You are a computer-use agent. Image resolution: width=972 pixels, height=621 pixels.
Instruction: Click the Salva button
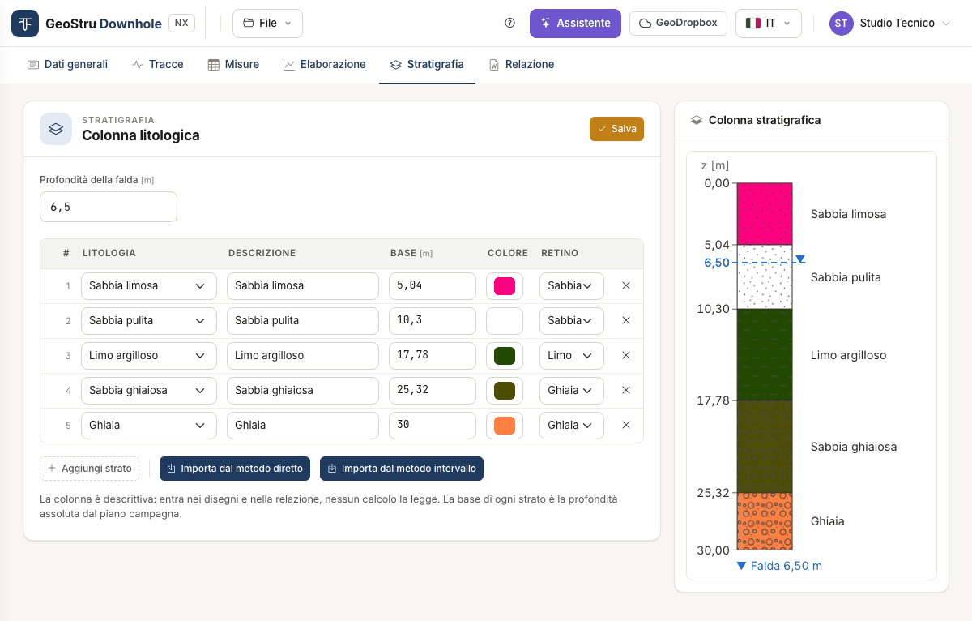tap(616, 129)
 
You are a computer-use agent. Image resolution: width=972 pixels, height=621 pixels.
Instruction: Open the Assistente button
tap(575, 24)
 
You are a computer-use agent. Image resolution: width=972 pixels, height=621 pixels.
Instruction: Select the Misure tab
tap(233, 65)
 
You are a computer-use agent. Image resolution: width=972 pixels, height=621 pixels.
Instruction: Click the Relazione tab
tap(522, 65)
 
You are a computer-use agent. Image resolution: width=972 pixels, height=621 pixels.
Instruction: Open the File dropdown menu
tap(267, 24)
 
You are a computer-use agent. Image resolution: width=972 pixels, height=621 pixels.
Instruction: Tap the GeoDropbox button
tap(678, 24)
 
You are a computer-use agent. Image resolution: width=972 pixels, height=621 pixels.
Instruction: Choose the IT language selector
tap(768, 24)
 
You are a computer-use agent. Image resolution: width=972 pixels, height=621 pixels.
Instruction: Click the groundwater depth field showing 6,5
tap(109, 207)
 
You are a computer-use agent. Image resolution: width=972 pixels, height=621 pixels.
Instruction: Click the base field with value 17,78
tap(433, 356)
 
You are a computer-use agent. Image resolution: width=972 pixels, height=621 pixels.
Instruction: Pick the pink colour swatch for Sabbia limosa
tap(504, 286)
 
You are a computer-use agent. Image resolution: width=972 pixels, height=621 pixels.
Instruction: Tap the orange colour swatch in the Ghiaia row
tap(504, 426)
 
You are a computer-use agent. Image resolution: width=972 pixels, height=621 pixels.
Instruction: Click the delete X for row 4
tap(625, 390)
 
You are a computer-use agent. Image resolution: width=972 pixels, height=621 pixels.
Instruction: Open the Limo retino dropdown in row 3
tap(572, 356)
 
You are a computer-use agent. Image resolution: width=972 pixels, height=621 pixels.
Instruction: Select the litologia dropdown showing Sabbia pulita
tap(149, 321)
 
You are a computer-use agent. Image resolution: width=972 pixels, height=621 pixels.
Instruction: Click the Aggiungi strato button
tap(89, 469)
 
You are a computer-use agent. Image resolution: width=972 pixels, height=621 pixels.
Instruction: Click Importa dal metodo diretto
tap(235, 469)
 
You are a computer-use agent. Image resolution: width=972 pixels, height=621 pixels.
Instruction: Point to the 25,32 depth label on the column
tap(713, 493)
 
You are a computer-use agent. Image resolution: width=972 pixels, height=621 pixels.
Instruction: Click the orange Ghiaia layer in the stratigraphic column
tap(765, 521)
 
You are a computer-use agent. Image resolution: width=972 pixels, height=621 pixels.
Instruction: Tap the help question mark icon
tap(509, 23)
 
